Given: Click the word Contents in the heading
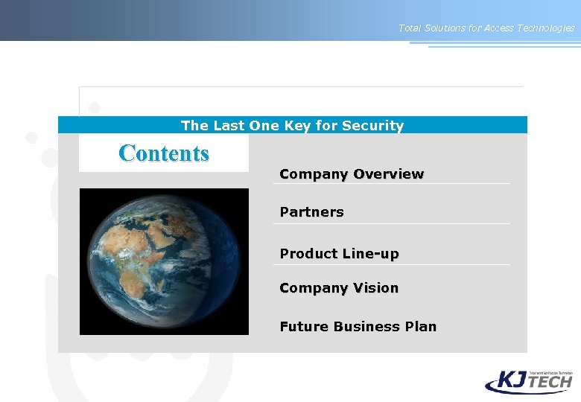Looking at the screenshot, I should (164, 153).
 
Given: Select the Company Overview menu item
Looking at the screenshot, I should (352, 174).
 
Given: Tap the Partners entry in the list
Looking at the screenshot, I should (311, 212).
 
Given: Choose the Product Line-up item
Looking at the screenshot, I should (339, 254).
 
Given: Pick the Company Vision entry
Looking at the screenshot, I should (339, 288).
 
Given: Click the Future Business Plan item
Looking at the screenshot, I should (358, 327).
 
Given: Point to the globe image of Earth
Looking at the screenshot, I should (164, 261).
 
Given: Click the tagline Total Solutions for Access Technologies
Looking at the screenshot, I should (486, 28).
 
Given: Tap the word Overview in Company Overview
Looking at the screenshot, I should (388, 174).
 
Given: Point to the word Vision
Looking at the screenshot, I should (376, 288).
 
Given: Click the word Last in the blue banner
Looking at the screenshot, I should (229, 126).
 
